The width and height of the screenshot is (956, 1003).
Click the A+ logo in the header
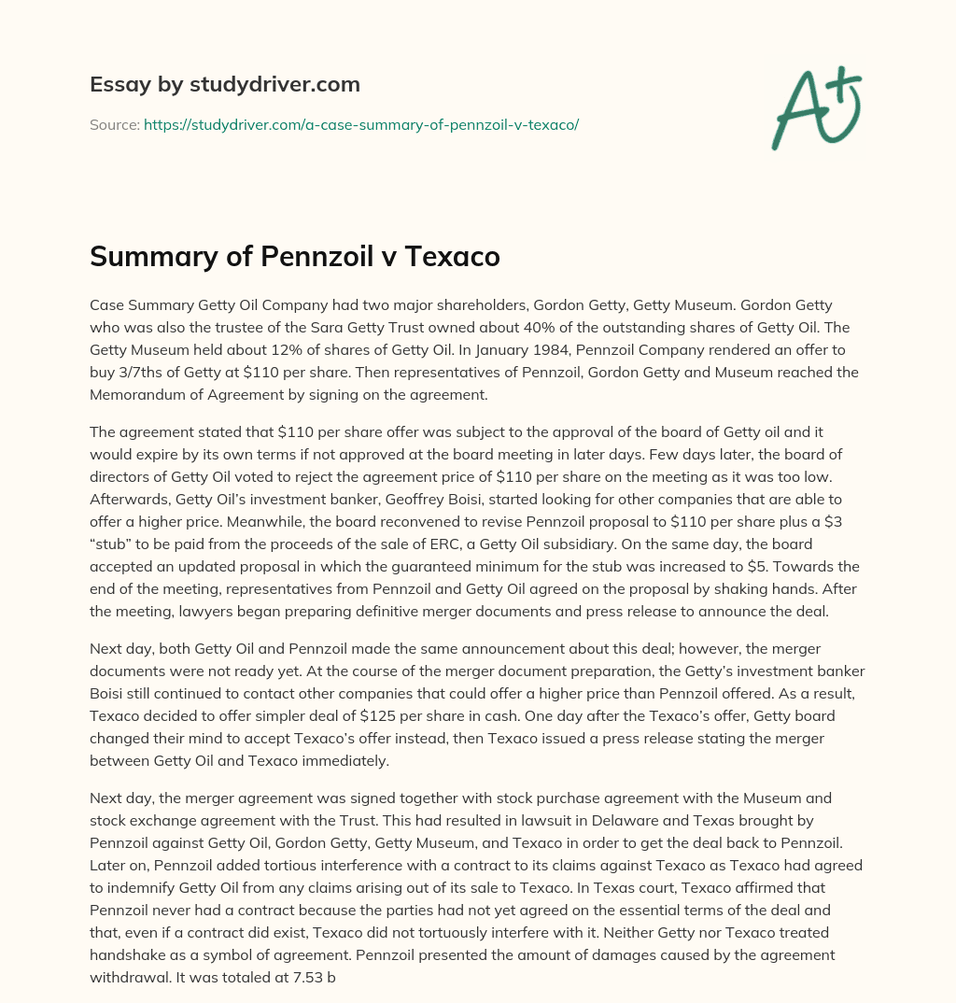[x=815, y=106]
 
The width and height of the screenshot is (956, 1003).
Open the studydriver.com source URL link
[x=361, y=124]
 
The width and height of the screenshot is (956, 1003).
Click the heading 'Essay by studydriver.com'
[x=225, y=84]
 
